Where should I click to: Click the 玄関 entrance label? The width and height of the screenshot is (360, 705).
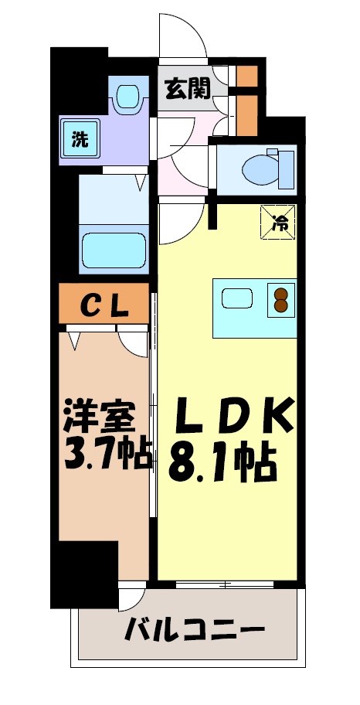(x=186, y=90)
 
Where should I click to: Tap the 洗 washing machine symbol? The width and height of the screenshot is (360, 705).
(x=80, y=140)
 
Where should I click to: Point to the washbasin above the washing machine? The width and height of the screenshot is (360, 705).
(x=127, y=97)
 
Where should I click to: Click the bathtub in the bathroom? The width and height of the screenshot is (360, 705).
(x=114, y=248)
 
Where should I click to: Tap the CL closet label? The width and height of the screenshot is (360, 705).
(x=104, y=306)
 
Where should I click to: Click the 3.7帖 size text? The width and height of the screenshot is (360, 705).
(x=104, y=455)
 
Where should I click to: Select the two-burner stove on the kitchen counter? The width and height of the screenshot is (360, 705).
(x=280, y=299)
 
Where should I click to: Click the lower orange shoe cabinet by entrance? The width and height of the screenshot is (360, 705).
(x=246, y=113)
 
